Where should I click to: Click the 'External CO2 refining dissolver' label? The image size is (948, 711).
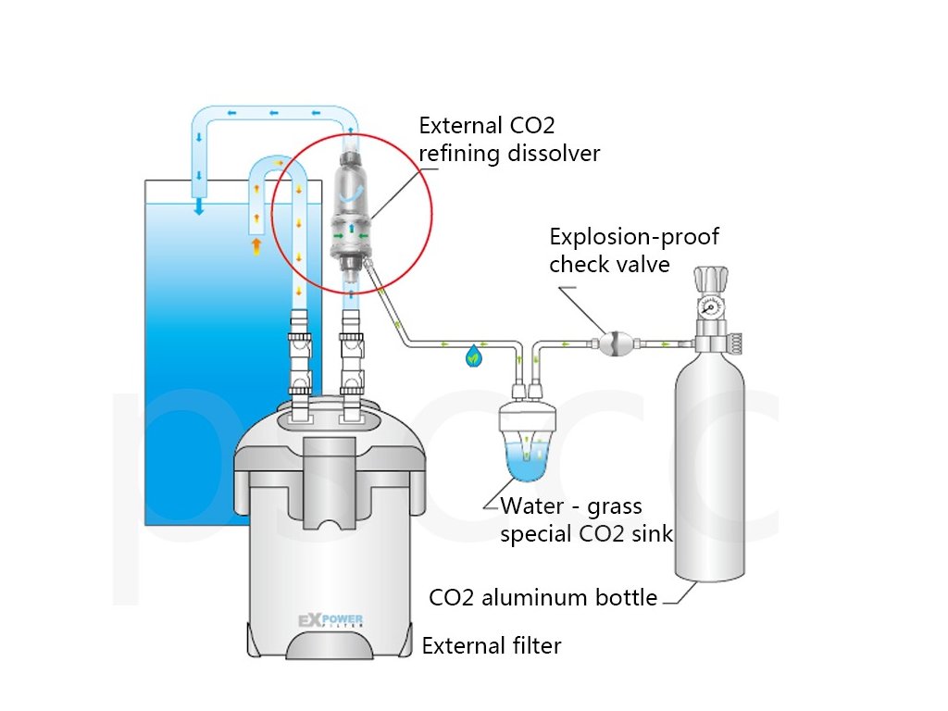[x=509, y=139]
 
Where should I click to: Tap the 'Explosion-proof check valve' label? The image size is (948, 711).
[x=633, y=250]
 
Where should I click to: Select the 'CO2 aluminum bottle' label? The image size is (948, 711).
[x=543, y=597]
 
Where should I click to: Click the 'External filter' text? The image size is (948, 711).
[x=492, y=645]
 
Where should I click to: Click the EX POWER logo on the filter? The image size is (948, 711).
[x=330, y=620]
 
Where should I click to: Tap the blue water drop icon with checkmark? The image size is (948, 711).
[x=474, y=353]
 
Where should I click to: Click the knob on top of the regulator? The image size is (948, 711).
[x=714, y=278]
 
